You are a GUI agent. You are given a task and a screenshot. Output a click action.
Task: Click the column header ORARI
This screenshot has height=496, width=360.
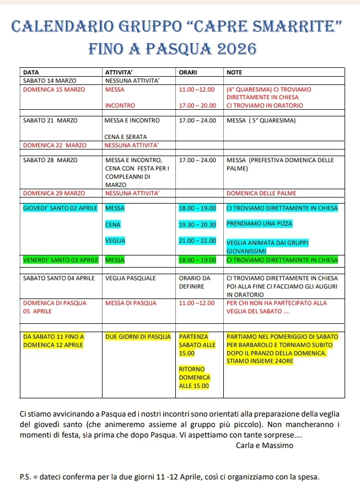(189, 72)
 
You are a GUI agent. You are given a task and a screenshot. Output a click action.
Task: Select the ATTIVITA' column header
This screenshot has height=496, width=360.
(120, 72)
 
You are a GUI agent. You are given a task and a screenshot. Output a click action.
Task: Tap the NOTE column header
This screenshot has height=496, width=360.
(234, 72)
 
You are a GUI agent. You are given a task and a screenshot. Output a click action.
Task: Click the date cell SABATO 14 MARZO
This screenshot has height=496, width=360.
(49, 81)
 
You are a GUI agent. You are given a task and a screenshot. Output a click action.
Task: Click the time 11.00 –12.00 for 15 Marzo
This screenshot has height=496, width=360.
(196, 89)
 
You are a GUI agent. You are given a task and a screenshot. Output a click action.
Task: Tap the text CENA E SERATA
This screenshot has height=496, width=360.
(125, 136)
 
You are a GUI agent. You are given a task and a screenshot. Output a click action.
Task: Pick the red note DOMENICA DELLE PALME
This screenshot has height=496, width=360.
(262, 193)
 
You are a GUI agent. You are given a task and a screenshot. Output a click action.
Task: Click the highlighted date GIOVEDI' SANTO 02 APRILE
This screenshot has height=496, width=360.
(60, 208)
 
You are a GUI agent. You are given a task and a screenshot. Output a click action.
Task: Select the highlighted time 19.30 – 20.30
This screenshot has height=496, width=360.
(197, 225)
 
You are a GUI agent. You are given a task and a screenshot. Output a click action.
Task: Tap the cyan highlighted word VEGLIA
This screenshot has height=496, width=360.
(115, 241)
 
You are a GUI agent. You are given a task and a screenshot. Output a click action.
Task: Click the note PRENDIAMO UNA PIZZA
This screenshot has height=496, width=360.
(260, 224)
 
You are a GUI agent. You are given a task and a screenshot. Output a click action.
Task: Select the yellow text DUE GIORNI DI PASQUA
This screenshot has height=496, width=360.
(138, 337)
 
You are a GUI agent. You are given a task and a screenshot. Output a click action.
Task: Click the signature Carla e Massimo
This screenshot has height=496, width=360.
(264, 445)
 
